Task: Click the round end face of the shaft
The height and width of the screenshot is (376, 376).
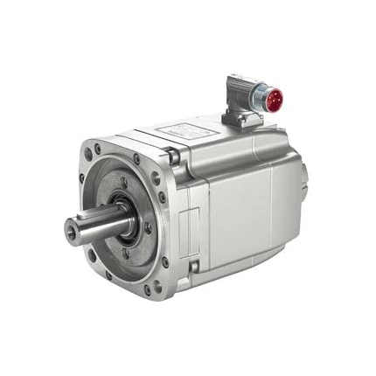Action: point(73,229)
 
